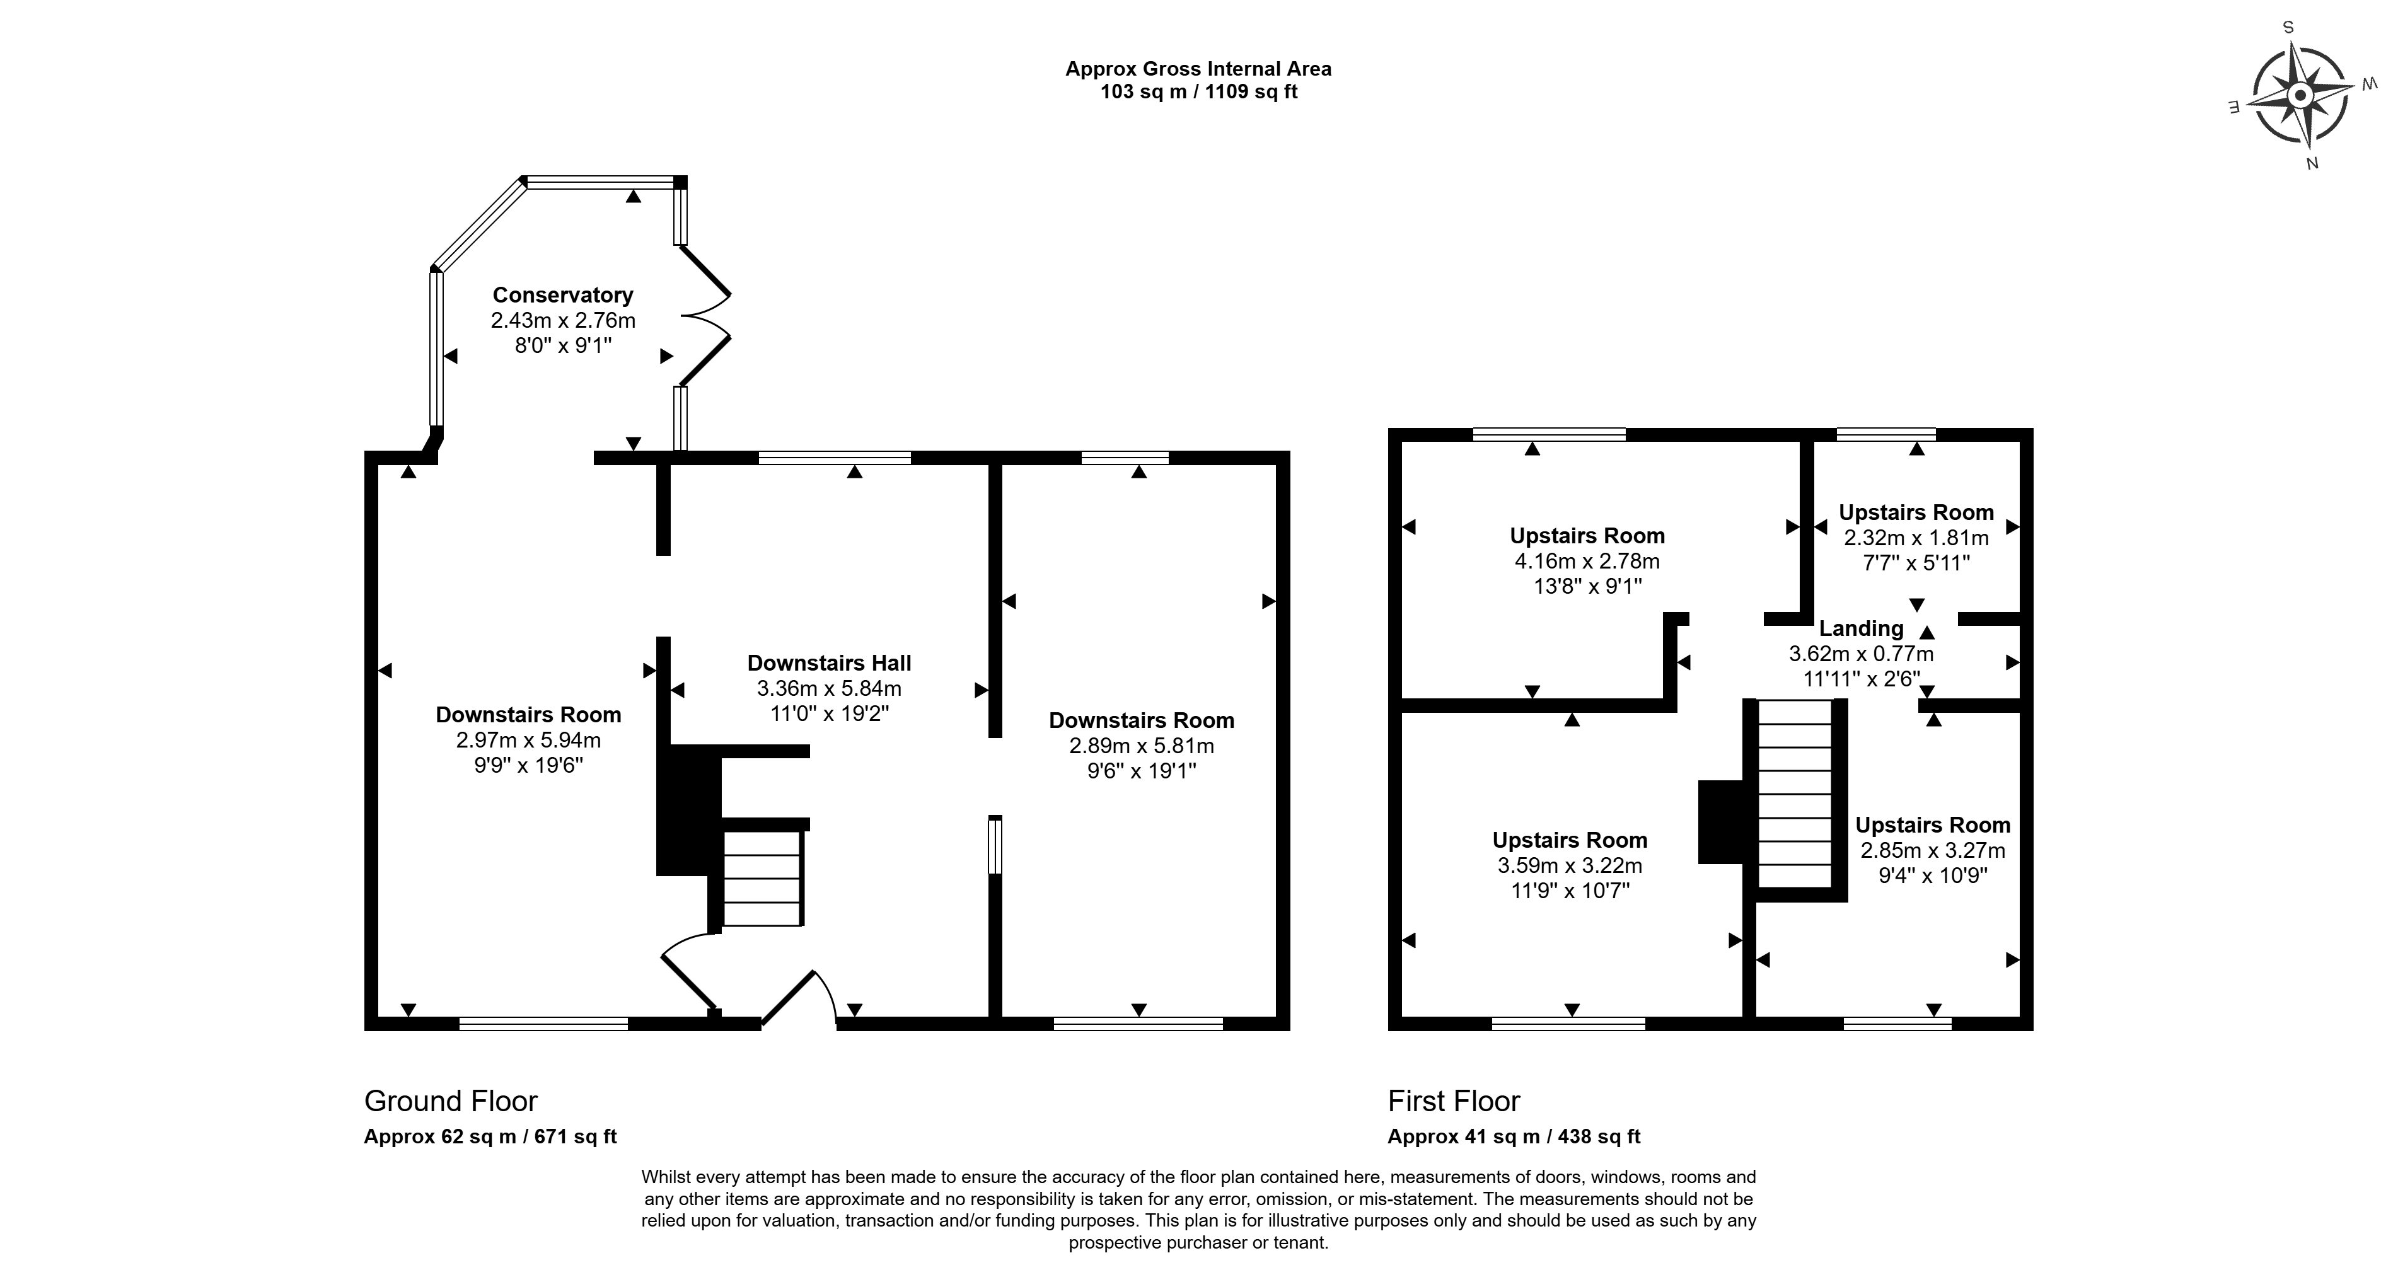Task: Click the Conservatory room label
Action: tap(562, 295)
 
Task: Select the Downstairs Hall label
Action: tap(828, 663)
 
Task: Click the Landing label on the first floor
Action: tap(1861, 628)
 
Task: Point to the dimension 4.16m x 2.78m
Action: tap(1587, 562)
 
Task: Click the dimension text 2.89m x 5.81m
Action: tap(1141, 746)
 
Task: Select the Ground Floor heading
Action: tap(451, 1101)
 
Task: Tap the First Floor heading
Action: tap(1454, 1101)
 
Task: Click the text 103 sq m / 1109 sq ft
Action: tap(1199, 92)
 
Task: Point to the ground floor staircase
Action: tap(762, 879)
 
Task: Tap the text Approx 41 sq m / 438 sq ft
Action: tap(1514, 1137)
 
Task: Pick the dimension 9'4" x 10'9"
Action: tap(1933, 875)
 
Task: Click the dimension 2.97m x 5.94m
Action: tap(528, 740)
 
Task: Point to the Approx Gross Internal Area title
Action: tap(1199, 69)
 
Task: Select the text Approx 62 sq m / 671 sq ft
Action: tap(490, 1137)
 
